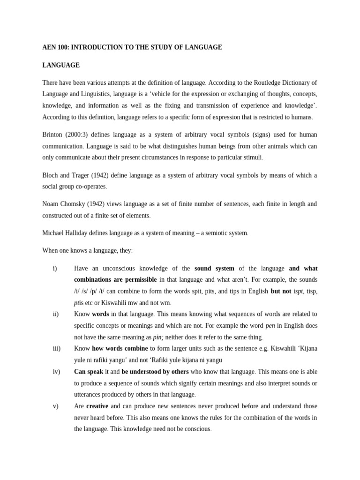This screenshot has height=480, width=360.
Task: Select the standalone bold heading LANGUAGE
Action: (x=61, y=65)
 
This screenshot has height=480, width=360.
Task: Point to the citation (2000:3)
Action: (x=83, y=135)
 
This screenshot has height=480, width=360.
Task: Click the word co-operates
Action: (x=90, y=187)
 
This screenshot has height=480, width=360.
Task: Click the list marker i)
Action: (x=55, y=269)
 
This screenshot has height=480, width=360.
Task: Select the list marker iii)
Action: (x=56, y=349)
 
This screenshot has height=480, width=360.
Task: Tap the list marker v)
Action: (x=55, y=406)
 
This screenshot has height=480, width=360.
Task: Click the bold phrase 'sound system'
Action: (x=214, y=269)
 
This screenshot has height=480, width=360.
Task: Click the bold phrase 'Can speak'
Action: (x=89, y=372)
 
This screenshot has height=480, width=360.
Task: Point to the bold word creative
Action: (x=97, y=406)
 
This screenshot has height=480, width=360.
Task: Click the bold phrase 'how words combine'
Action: (x=120, y=349)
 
